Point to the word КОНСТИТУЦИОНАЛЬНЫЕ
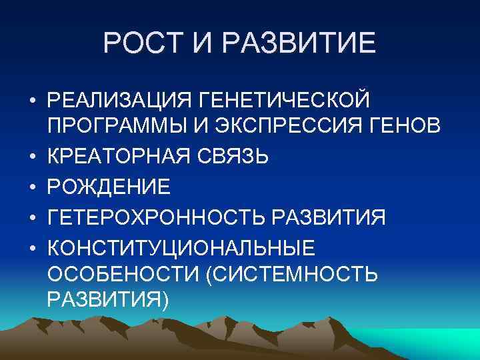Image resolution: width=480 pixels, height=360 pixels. (181, 247)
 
